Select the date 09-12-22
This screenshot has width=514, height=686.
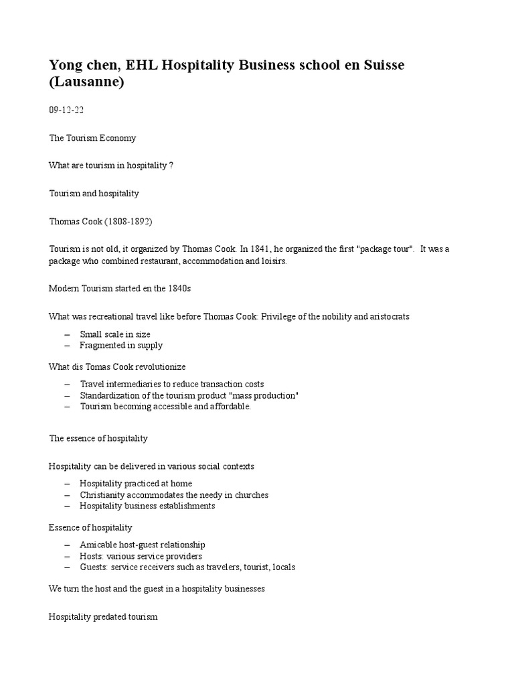click(66, 110)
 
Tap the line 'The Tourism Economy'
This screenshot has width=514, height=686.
click(92, 138)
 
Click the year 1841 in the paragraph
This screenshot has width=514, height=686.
click(265, 249)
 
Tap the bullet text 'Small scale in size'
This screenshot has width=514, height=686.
click(114, 334)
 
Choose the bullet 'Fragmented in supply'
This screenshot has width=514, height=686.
click(120, 346)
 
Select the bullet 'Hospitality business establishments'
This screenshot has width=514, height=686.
click(147, 506)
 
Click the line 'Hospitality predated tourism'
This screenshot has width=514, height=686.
click(103, 616)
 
